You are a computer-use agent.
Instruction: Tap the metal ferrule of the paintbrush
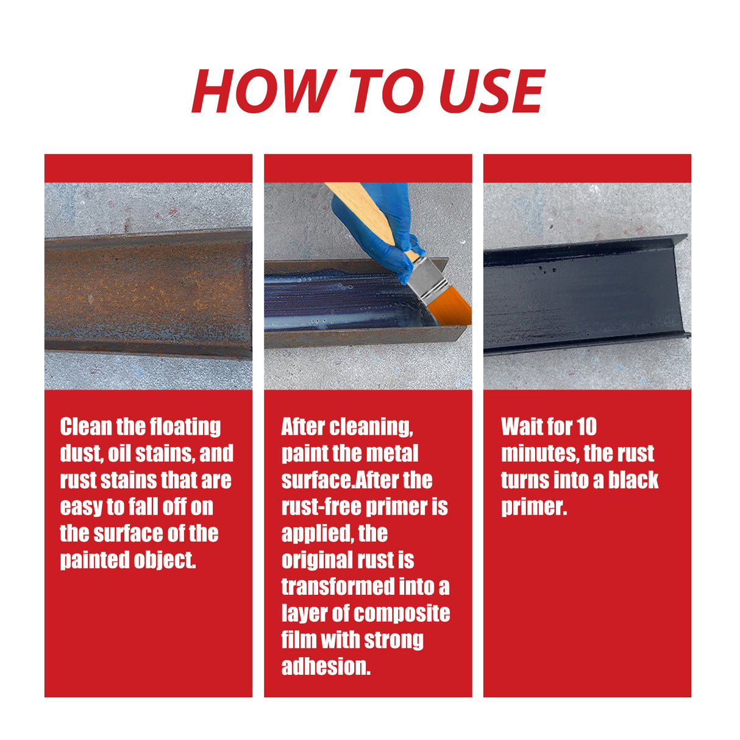point(427,277)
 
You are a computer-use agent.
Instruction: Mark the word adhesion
point(326,666)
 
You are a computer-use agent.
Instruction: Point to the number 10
point(586,427)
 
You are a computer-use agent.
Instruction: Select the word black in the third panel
point(633,480)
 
